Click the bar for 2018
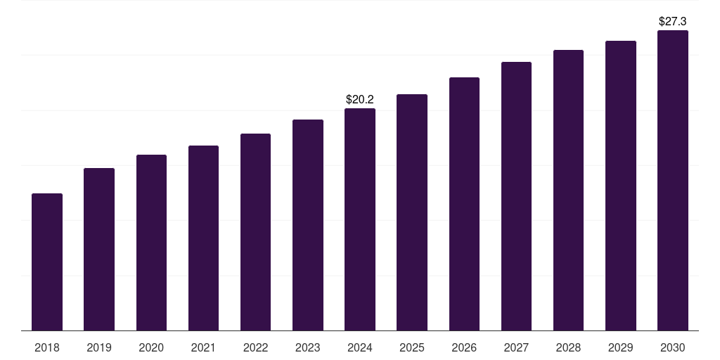click(47, 262)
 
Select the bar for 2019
click(99, 249)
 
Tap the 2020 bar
click(151, 243)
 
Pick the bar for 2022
click(255, 232)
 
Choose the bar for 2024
click(360, 219)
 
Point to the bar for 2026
click(464, 204)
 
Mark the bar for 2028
click(568, 190)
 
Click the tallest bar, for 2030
click(673, 180)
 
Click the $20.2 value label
click(360, 100)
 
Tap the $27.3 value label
click(673, 22)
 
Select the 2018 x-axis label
click(47, 347)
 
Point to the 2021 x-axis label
click(203, 347)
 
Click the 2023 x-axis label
click(308, 347)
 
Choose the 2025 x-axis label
click(412, 347)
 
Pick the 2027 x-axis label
click(516, 347)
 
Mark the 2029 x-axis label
click(621, 347)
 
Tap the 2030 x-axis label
click(673, 347)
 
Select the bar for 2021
click(203, 238)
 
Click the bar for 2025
click(412, 212)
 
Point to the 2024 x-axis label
click(360, 347)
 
